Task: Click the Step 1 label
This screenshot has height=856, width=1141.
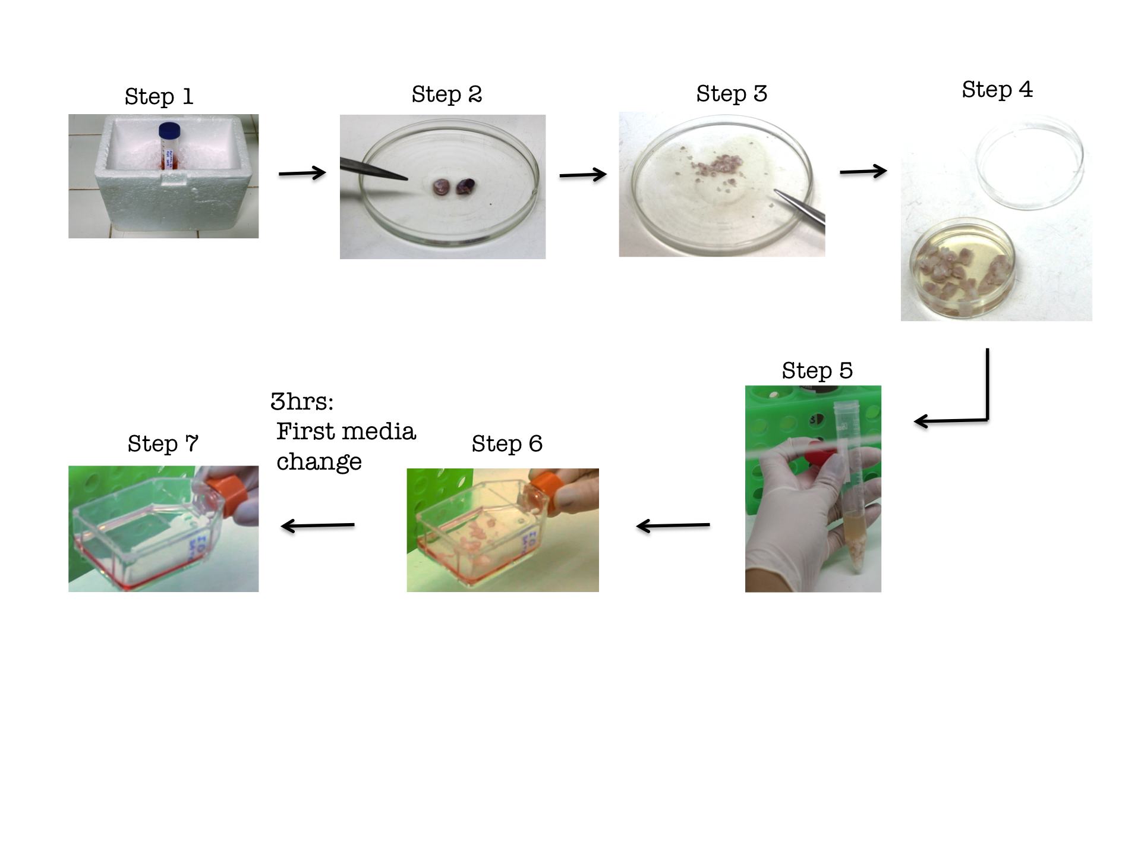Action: (159, 96)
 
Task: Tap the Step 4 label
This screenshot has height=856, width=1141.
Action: (997, 90)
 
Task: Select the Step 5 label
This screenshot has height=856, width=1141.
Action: (817, 370)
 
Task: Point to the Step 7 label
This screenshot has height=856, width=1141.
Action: (162, 443)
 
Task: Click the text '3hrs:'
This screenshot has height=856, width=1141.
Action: (302, 402)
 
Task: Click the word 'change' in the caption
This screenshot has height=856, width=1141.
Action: (319, 462)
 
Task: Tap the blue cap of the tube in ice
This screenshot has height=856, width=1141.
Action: (169, 130)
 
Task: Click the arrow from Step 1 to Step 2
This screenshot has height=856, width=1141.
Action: (302, 173)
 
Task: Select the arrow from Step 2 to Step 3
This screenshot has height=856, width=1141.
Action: (582, 175)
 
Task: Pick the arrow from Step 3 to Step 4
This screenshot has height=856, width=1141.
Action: (863, 171)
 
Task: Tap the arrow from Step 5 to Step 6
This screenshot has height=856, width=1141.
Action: (673, 525)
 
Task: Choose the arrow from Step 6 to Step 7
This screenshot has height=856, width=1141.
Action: (317, 525)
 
